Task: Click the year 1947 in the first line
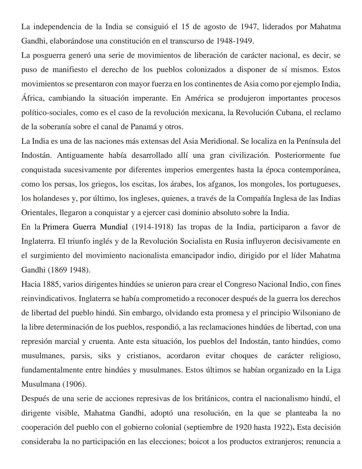tap(249, 27)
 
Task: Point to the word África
tap(32, 98)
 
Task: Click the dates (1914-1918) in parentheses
tap(153, 227)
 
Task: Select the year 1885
tap(51, 284)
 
